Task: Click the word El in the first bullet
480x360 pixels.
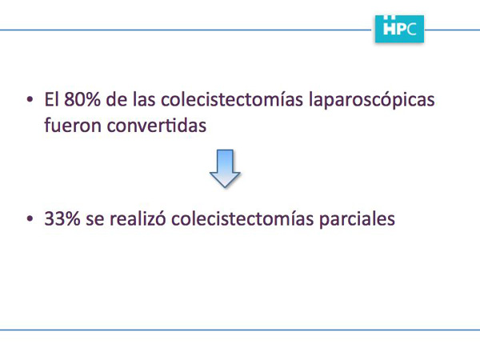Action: point(52,99)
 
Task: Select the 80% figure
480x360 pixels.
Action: point(82,99)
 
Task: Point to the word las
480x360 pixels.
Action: point(144,99)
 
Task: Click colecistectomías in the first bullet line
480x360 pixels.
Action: point(232,99)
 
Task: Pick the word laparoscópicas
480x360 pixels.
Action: point(372,101)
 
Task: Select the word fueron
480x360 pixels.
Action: point(73,125)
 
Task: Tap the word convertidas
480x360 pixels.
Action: point(157,125)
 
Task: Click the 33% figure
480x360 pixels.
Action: point(62,218)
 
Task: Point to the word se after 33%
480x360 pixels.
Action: point(95,220)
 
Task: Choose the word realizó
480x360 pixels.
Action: point(138,218)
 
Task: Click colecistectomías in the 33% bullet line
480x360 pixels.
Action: point(242,218)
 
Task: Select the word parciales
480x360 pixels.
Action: point(357,220)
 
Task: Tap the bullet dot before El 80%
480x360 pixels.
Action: point(30,99)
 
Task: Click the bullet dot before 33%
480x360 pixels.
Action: point(30,218)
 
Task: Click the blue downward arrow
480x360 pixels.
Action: point(225,168)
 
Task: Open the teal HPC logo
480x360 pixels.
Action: point(399,29)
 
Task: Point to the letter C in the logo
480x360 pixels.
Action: point(412,30)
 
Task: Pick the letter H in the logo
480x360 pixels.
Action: point(390,29)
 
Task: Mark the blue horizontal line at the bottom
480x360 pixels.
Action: point(240,330)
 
